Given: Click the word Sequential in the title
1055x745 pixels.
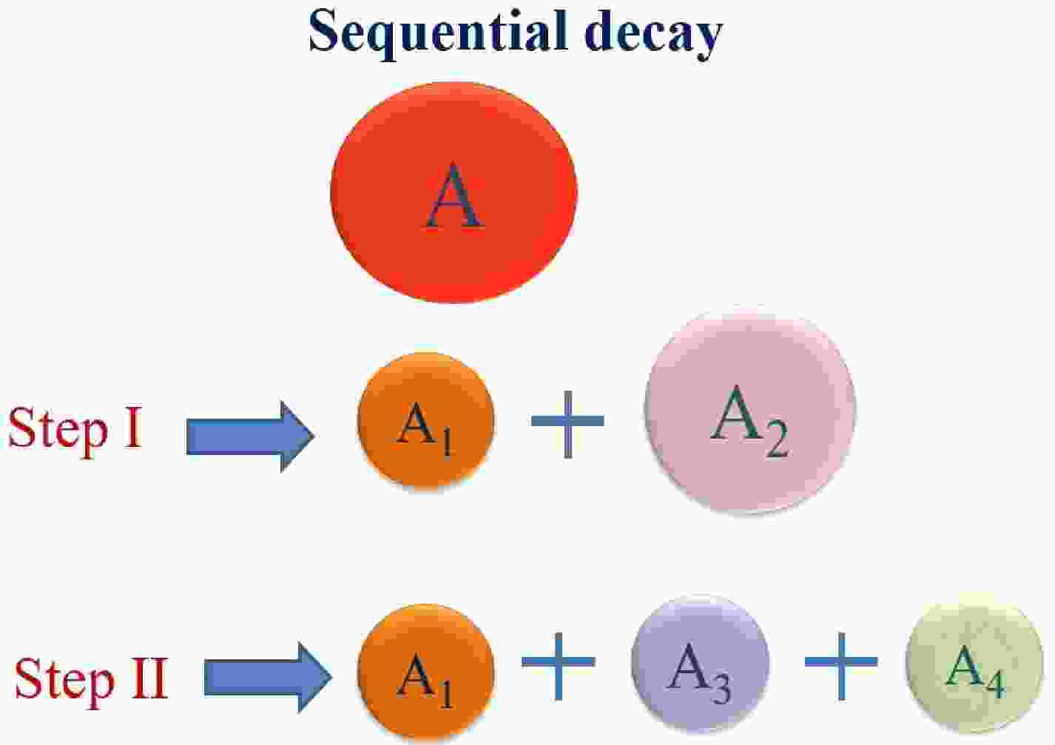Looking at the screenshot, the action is [x=439, y=34].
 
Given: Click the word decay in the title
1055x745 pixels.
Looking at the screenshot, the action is [x=654, y=34].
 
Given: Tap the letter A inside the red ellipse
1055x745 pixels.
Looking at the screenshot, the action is [x=454, y=196].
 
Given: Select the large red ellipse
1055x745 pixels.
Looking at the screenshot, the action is [x=454, y=192].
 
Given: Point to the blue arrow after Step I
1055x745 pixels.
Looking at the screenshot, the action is [x=251, y=436].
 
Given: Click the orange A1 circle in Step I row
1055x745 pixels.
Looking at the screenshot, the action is [x=425, y=422].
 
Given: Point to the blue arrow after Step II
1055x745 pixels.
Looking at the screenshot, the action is [x=268, y=678].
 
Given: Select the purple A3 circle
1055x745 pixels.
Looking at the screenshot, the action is [x=701, y=664].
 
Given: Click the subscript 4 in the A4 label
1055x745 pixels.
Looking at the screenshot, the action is [x=996, y=685].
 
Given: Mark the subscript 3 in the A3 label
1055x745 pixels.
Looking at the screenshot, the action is [x=721, y=688].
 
